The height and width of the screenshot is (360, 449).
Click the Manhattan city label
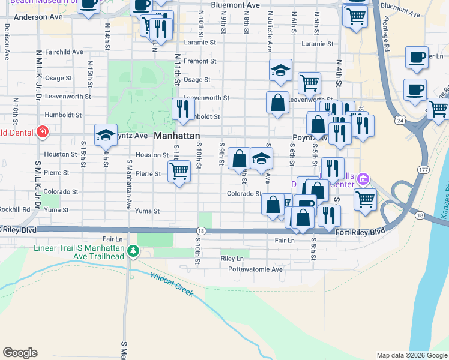click(x=177, y=136)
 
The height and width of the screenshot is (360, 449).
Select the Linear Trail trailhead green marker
click(x=136, y=253)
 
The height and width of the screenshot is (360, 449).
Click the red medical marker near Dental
click(x=41, y=132)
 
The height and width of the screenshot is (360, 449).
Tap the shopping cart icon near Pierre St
click(x=179, y=172)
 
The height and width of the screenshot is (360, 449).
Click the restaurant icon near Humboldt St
click(x=183, y=109)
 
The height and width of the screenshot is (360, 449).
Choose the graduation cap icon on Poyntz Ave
click(x=106, y=134)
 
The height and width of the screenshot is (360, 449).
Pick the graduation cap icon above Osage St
click(x=280, y=70)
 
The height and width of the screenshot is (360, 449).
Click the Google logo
click(x=20, y=353)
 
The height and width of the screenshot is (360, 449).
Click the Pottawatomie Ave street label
click(x=255, y=269)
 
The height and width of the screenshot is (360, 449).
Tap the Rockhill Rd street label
click(x=15, y=209)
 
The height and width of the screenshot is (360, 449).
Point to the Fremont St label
click(x=200, y=61)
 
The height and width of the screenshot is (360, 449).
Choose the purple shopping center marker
click(x=362, y=179)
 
